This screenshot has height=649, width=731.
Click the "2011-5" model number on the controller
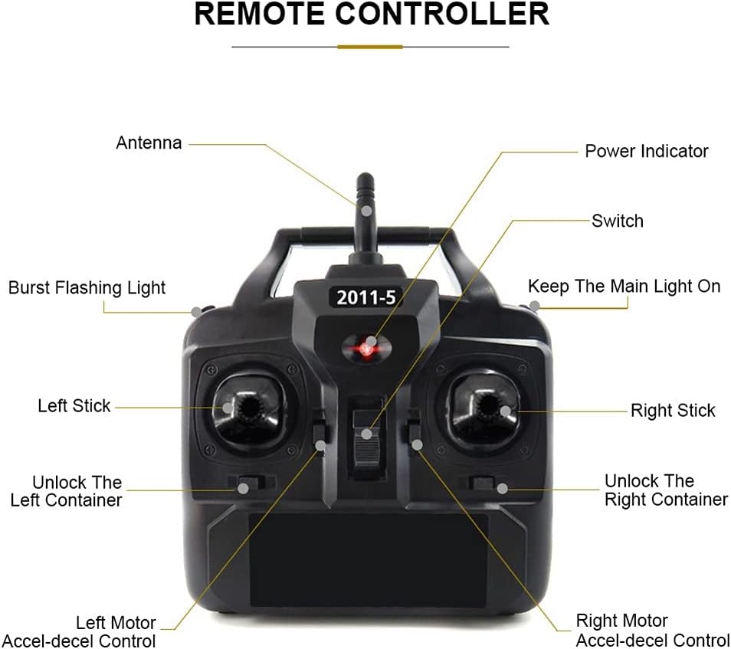pyautogui.click(x=366, y=297)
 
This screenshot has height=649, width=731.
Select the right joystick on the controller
pyautogui.click(x=487, y=409)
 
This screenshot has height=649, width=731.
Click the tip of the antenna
pyautogui.click(x=365, y=175)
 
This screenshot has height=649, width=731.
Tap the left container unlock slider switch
pyautogui.click(x=247, y=483)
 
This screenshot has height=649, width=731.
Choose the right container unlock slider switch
pyautogui.click(x=483, y=483)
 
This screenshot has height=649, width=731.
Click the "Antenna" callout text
pyautogui.click(x=149, y=143)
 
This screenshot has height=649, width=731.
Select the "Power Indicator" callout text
pyautogui.click(x=647, y=151)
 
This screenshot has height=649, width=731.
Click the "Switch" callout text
pyautogui.click(x=618, y=221)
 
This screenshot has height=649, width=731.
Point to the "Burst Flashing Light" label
pyautogui.click(x=87, y=287)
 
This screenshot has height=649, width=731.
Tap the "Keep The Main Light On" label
pyautogui.click(x=624, y=287)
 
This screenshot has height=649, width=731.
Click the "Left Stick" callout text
pyautogui.click(x=74, y=405)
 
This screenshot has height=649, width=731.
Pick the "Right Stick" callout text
pyautogui.click(x=673, y=410)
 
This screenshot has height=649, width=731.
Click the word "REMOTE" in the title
pyautogui.click(x=259, y=14)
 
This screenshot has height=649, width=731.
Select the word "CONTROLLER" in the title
pyautogui.click(x=442, y=14)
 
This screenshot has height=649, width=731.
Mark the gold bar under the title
pyautogui.click(x=370, y=47)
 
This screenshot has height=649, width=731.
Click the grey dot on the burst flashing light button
pyautogui.click(x=196, y=310)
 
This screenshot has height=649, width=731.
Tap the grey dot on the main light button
pyautogui.click(x=535, y=306)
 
